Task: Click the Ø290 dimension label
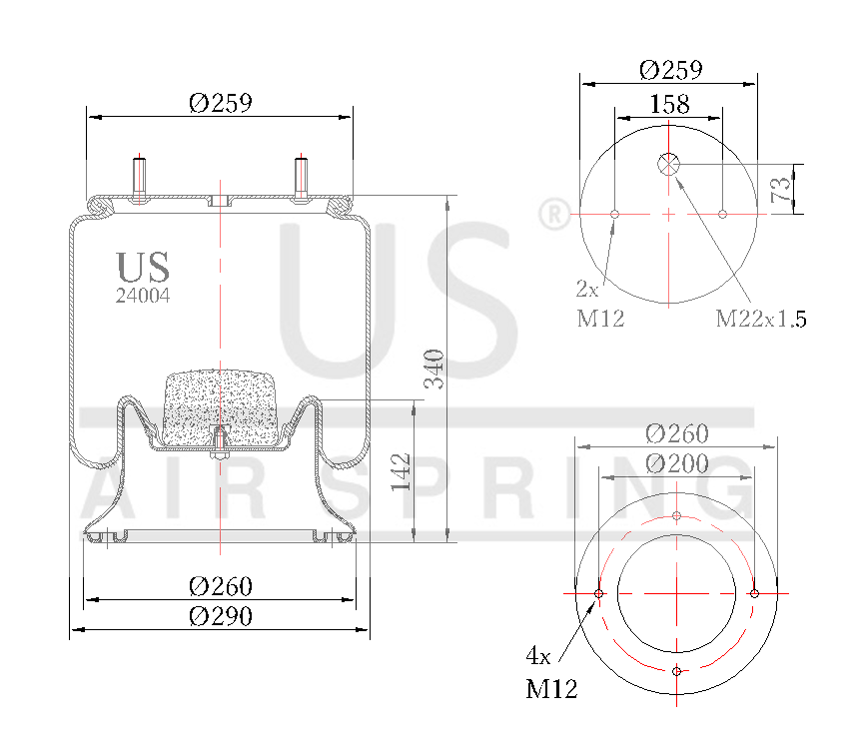coord(220,616)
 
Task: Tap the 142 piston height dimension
coord(401,471)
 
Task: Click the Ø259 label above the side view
coord(220,102)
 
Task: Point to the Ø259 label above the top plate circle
coord(671,69)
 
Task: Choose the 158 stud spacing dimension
coord(669,104)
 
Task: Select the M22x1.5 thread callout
coord(760,320)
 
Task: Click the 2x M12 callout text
coord(600,305)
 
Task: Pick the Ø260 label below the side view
coord(220,585)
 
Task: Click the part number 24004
coord(144,296)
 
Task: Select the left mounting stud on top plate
coord(139,177)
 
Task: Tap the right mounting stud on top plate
coord(300,177)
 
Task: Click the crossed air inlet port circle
coord(668,164)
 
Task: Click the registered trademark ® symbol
coord(551,214)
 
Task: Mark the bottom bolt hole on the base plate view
coord(677,670)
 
